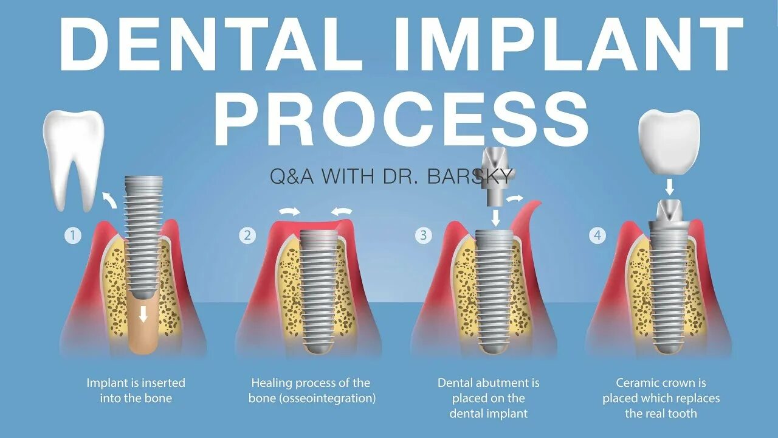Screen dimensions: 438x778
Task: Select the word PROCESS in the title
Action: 402,119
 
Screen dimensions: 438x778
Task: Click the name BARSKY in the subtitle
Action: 472,176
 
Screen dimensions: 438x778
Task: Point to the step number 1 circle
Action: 73,235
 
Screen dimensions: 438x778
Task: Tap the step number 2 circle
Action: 247,235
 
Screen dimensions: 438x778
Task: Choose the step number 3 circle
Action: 423,235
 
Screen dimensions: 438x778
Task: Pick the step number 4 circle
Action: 597,235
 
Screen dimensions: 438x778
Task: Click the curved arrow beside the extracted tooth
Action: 110,198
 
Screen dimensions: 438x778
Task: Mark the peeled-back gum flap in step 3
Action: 529,219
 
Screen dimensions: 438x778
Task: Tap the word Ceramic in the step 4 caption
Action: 638,383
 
